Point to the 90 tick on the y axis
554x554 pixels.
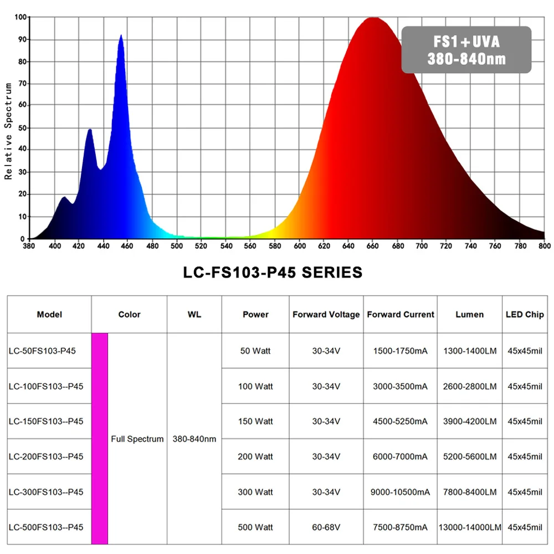click(22, 39)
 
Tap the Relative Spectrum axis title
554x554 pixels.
click(8, 131)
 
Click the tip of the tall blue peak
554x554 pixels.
click(121, 35)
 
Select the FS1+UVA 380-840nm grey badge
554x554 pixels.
click(466, 50)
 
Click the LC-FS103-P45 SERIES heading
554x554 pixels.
click(273, 273)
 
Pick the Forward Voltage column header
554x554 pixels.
click(326, 315)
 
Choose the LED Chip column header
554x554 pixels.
click(525, 315)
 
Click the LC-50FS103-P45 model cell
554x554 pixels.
click(43, 351)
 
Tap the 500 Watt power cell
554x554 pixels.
click(255, 527)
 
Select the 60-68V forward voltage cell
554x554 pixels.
click(326, 527)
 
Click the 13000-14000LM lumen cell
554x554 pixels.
click(470, 527)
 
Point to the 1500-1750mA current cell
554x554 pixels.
click(400, 351)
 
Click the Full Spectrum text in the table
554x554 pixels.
click(137, 439)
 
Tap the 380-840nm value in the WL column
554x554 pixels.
click(194, 439)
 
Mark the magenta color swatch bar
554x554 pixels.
click(100, 439)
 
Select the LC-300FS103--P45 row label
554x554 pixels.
click(46, 492)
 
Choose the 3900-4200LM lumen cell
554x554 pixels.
click(470, 421)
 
